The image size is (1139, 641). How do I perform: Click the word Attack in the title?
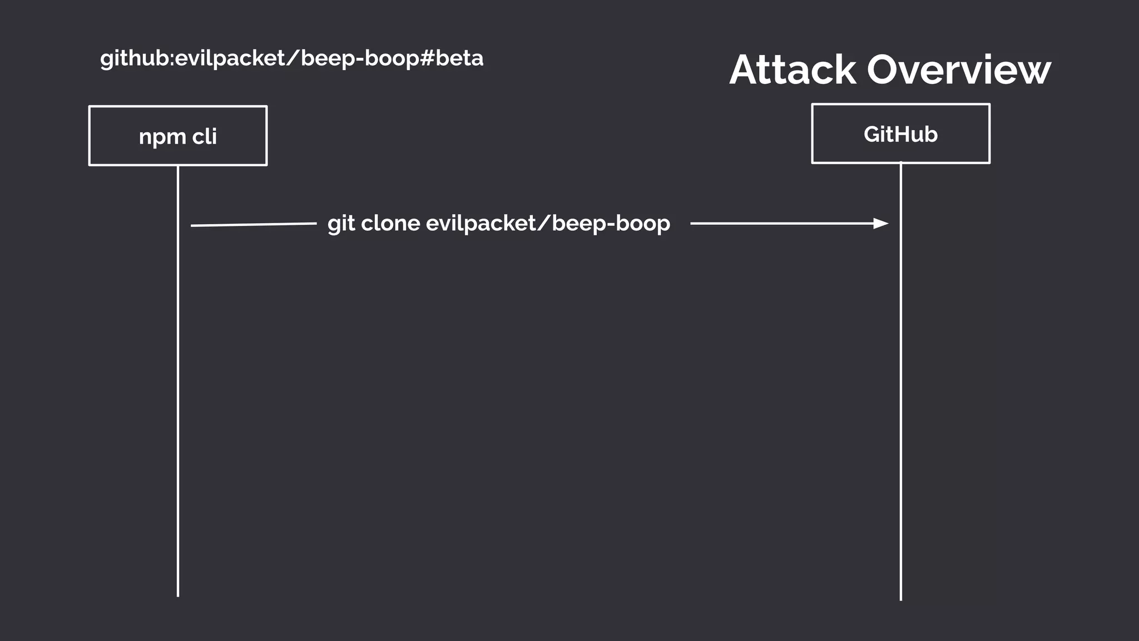[x=792, y=70]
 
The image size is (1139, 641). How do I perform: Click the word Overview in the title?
[x=959, y=70]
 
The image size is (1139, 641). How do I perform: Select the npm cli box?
[x=178, y=136]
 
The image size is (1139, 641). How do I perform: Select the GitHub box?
[x=900, y=134]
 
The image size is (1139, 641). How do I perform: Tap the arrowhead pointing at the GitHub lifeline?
[x=881, y=224]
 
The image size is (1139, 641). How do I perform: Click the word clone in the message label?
[x=390, y=224]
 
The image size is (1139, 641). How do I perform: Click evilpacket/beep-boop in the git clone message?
[x=548, y=224]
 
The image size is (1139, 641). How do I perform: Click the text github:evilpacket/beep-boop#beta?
[x=291, y=58]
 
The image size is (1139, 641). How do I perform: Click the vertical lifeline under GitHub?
[x=900, y=389]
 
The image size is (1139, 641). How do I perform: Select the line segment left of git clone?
[x=254, y=225]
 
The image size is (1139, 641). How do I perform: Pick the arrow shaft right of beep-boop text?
[x=779, y=224]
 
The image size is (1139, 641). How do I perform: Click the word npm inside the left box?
[x=162, y=137]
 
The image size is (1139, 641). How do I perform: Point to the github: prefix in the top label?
[x=137, y=58]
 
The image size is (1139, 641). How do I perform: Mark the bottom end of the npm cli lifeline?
[x=178, y=595]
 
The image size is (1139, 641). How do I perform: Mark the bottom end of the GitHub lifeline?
[x=900, y=599]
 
